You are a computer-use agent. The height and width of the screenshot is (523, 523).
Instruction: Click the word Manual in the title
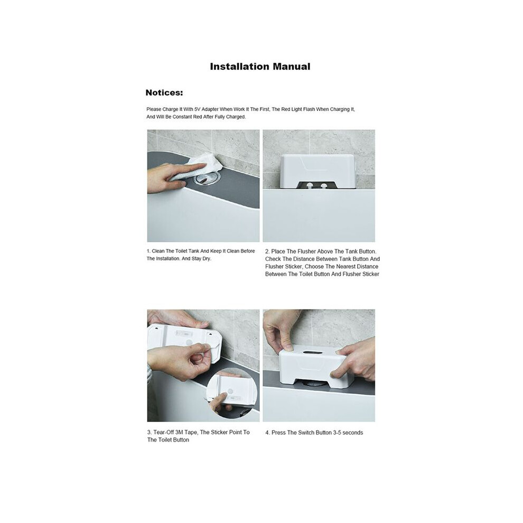[292, 67]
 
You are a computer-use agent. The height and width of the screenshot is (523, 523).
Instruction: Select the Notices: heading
[164, 93]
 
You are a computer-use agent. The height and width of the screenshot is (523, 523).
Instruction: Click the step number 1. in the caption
[148, 251]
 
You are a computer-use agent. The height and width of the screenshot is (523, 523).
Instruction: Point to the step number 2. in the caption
[267, 251]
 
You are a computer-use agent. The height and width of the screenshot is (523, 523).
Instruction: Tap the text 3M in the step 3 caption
[179, 432]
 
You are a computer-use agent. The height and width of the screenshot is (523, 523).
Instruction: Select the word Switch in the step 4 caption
[306, 433]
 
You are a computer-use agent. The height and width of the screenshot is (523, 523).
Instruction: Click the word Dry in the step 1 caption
[206, 259]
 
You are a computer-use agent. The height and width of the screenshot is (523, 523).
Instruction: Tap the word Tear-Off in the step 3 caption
[164, 432]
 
